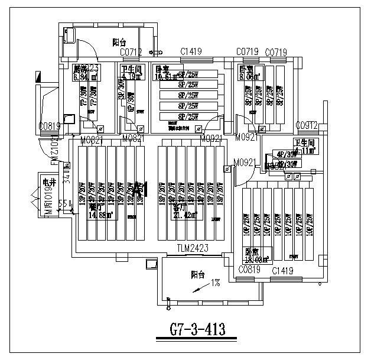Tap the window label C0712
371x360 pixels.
[131, 53]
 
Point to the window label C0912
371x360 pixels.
[307, 125]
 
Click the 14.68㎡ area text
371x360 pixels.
[99, 216]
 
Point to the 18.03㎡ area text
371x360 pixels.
[258, 258]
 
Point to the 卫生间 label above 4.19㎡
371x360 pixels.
[131, 69]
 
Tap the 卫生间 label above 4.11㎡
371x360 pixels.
[305, 143]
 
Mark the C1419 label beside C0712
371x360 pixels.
[190, 53]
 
